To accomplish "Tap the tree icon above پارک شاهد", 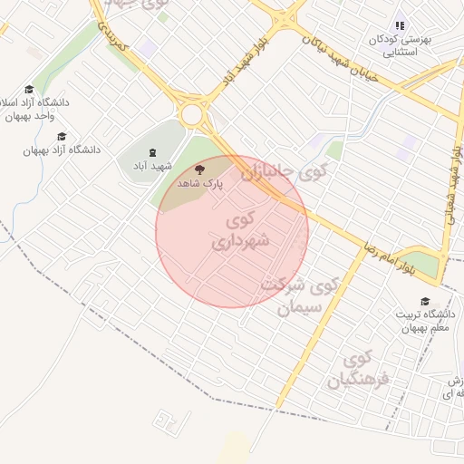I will (200, 168).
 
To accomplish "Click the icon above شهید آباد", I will (151, 151).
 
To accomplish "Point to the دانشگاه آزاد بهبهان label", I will (62, 149).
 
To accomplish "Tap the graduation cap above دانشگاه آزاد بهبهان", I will (62, 136).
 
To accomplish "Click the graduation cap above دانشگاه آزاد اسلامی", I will (29, 89).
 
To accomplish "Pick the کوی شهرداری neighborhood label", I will (241, 231).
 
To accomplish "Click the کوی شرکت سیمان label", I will (300, 295).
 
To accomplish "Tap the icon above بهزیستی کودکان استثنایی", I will (400, 26).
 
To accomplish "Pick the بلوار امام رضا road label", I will (400, 252).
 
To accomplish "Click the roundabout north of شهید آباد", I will (192, 115).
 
